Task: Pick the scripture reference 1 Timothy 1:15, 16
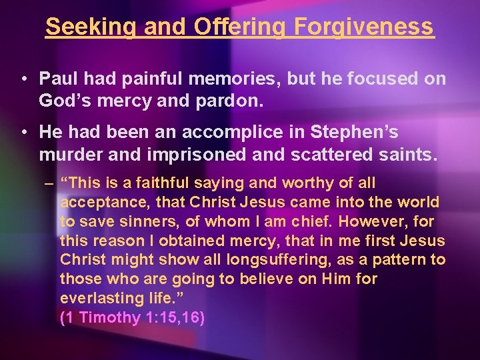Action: tap(132, 318)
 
